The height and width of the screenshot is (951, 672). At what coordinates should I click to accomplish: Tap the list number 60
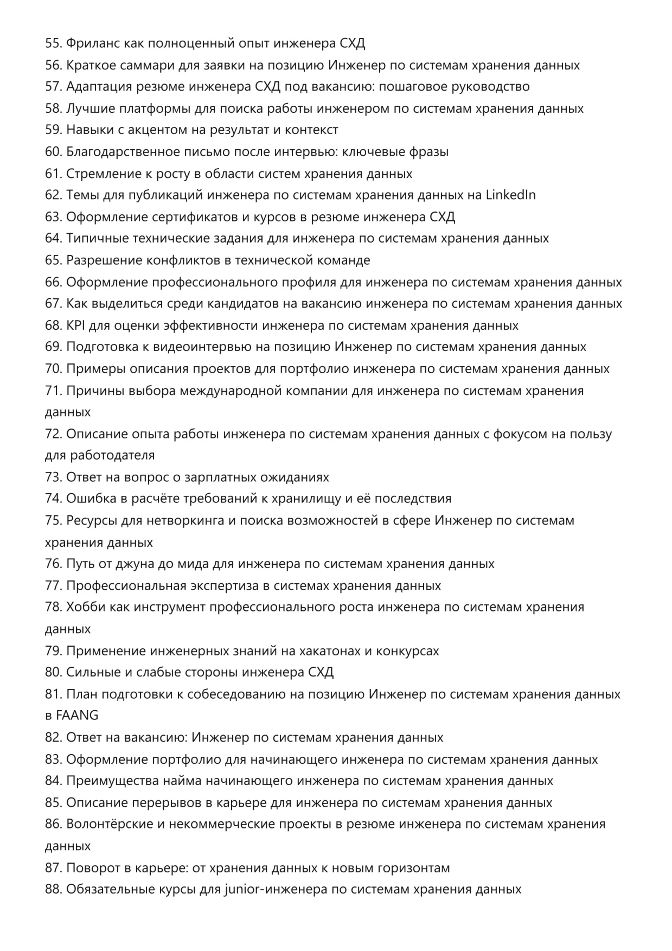[53, 152]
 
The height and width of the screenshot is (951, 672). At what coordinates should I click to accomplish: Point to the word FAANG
[77, 716]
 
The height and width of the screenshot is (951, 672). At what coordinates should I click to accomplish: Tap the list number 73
[53, 477]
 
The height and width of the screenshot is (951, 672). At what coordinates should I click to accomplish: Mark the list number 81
[53, 694]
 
